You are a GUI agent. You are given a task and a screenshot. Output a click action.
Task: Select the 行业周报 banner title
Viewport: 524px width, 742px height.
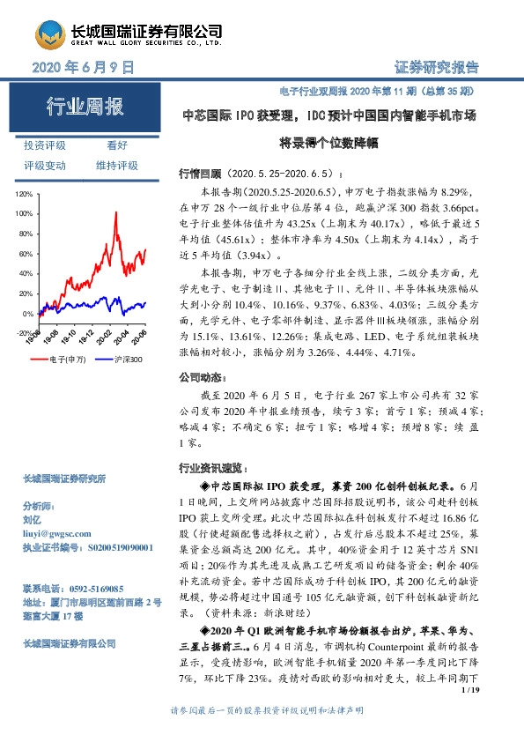tap(85, 108)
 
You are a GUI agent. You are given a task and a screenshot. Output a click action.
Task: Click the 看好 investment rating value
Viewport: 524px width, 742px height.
tap(117, 145)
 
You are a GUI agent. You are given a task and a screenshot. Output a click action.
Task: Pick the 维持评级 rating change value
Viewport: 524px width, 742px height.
tap(117, 165)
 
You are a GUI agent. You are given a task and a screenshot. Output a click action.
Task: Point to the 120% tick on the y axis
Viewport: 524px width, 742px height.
tap(23, 193)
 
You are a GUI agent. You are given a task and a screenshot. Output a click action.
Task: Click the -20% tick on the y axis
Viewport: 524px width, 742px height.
tap(23, 334)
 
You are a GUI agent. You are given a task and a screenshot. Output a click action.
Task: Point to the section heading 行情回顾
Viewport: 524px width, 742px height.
tap(196, 174)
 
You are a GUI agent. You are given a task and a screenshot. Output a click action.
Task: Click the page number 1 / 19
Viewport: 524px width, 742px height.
tap(469, 700)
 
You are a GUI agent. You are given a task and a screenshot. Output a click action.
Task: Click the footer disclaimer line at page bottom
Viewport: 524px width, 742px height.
tap(262, 731)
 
